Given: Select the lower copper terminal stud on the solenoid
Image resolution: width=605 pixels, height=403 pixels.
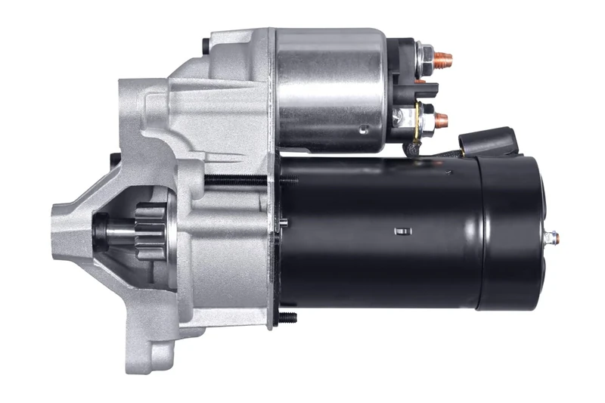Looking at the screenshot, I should (x=442, y=119).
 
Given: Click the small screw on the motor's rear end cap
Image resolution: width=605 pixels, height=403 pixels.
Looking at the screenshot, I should (x=554, y=237).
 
